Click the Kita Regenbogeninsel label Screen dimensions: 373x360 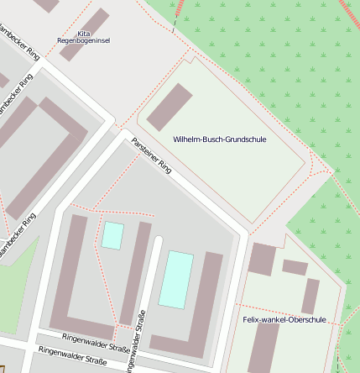point(82,36)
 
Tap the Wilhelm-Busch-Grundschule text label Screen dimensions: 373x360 point(219,139)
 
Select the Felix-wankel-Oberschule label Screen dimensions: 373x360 point(284,319)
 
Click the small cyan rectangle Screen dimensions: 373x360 point(112,235)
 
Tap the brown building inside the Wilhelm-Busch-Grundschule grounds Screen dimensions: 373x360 point(170,107)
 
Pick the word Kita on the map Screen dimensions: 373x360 point(83,32)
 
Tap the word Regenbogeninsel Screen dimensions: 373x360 point(82,39)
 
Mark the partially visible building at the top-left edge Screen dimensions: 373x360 point(46,4)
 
